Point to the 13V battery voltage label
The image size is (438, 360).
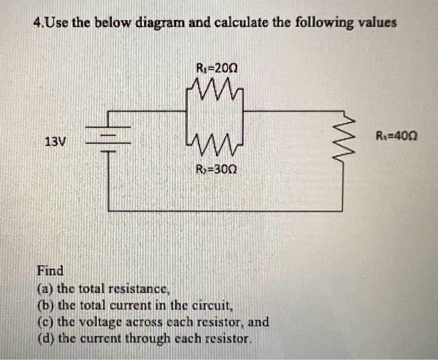click(55, 141)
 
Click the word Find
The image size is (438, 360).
click(50, 271)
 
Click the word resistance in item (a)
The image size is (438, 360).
click(138, 289)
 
